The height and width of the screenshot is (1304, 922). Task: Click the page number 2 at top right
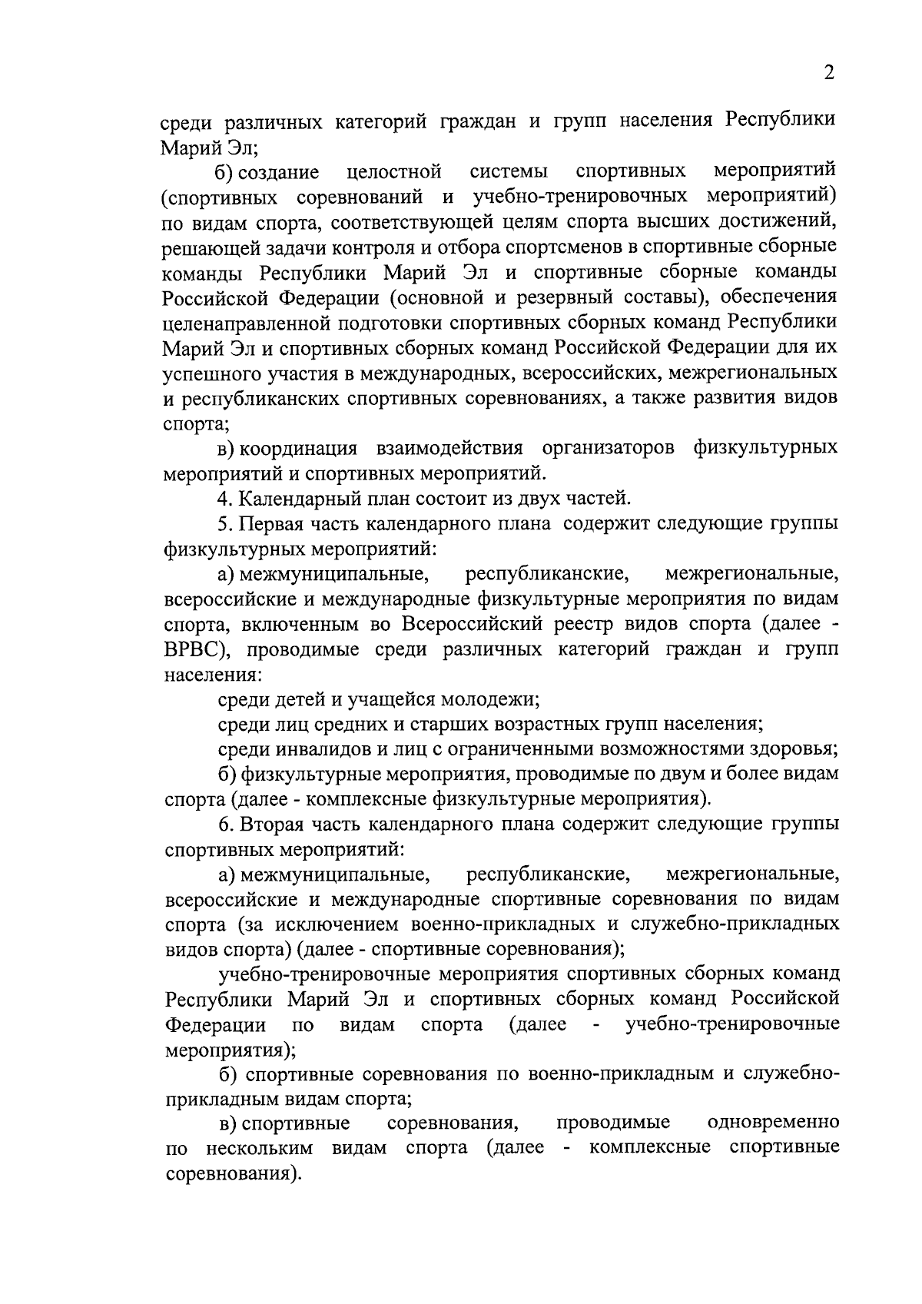pos(827,74)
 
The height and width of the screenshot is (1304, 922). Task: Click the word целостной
pos(393,171)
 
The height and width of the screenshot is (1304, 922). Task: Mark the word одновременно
pos(773,1123)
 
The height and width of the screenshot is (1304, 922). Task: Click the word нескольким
pos(260,1149)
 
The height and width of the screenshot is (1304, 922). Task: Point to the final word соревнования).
pos(231,1174)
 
